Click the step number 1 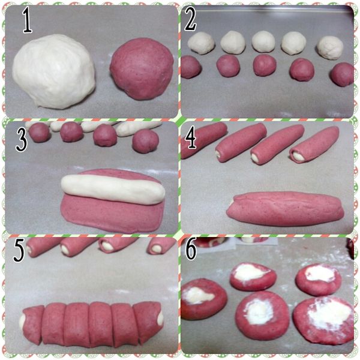coord(27,20)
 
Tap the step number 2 coord(190,20)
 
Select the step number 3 coord(22,140)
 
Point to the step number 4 coord(191,137)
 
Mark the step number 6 coord(191,249)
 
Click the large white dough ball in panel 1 coord(54,71)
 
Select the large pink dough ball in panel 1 coord(142,69)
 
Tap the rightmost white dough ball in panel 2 coord(330,47)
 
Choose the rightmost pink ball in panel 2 coord(343,74)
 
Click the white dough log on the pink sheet coord(113,189)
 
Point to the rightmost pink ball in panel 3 coord(146,141)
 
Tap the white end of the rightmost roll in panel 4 coord(298,157)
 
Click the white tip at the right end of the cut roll coord(160,319)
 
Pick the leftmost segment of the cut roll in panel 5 coord(34,324)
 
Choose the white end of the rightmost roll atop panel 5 coord(157,248)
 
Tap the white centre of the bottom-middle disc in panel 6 coord(259,311)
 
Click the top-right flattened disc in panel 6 coord(319,279)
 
